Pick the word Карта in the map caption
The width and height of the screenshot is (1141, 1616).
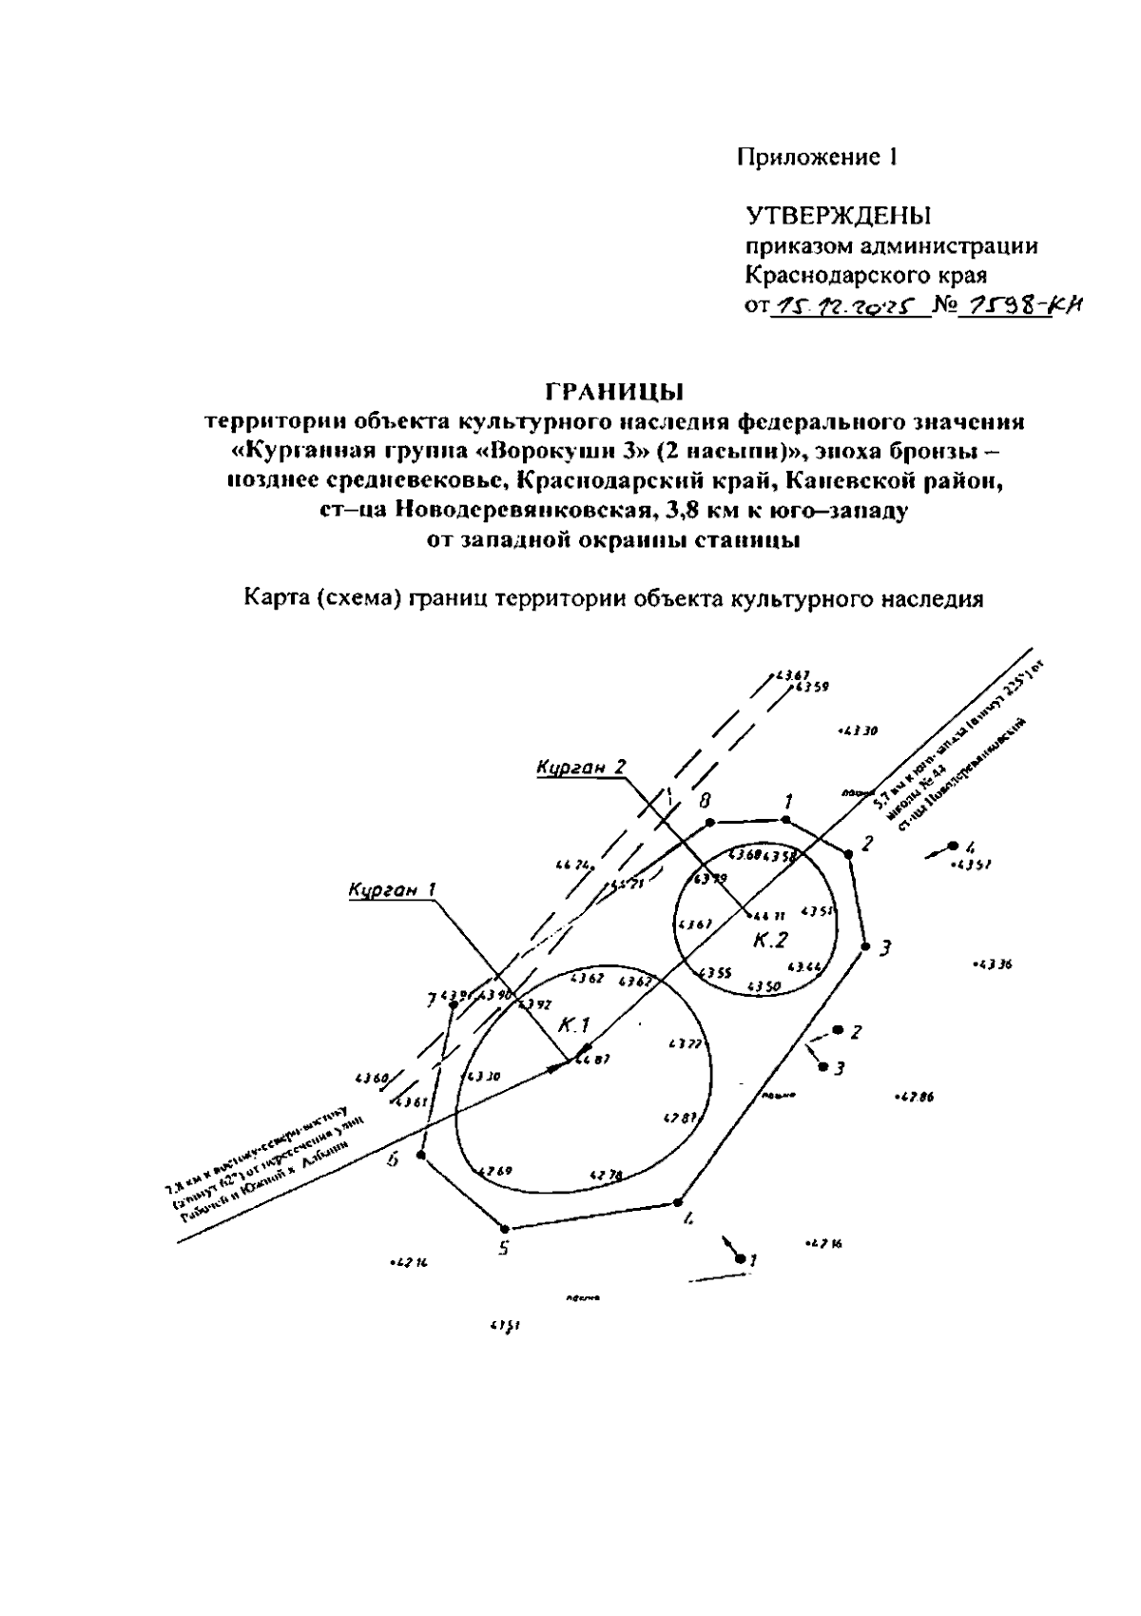click(x=275, y=599)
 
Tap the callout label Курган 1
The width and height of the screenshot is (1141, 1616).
click(x=393, y=889)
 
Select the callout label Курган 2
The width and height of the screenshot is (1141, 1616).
click(x=581, y=768)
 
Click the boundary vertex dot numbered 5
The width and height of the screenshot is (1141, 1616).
click(x=506, y=1228)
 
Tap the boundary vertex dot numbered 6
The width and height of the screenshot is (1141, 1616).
click(x=421, y=1155)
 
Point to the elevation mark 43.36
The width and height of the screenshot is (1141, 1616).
click(x=995, y=964)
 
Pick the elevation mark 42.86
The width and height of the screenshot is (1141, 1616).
click(x=917, y=1096)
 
